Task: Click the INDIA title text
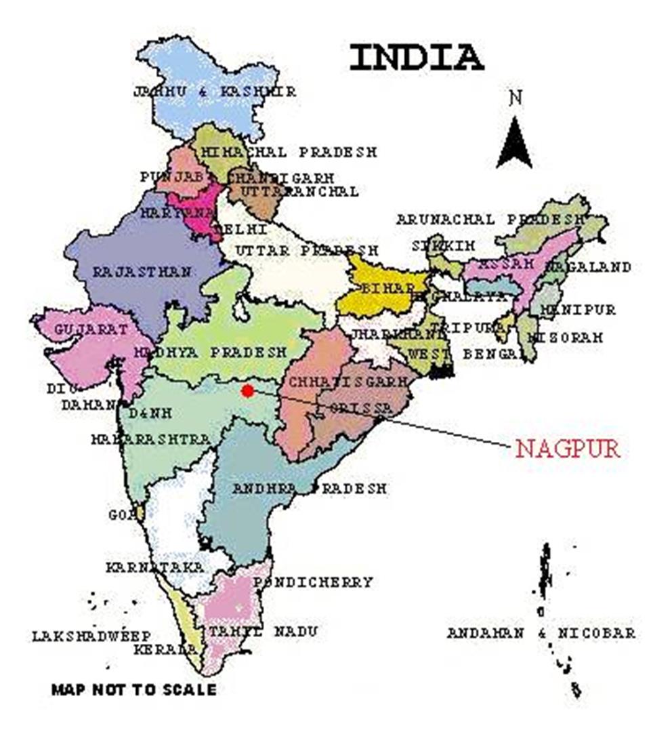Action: click(416, 58)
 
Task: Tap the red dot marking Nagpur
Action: click(248, 390)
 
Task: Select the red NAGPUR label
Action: click(568, 449)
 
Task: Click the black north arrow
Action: click(515, 143)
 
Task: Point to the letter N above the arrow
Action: click(516, 98)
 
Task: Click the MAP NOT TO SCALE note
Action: click(134, 690)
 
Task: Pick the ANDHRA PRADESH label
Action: click(309, 488)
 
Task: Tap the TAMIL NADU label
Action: click(262, 632)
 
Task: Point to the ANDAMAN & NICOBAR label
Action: click(541, 633)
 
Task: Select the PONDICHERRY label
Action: click(313, 582)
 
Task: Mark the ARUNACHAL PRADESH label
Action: click(490, 220)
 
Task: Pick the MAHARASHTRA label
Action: click(150, 440)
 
